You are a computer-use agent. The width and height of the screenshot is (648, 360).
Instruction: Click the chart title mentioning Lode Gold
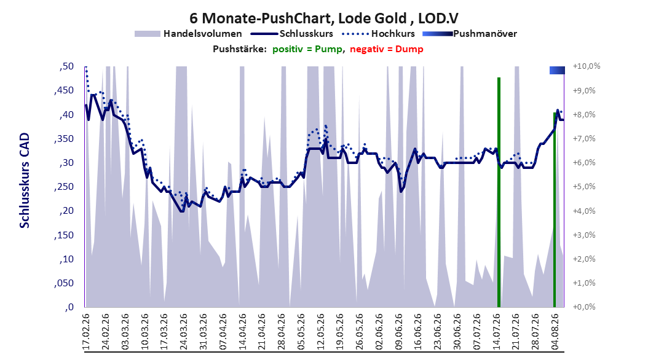pos(324,18)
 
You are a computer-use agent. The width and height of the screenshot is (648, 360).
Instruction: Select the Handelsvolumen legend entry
pos(189,34)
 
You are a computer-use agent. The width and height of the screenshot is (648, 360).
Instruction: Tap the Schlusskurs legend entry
pos(292,34)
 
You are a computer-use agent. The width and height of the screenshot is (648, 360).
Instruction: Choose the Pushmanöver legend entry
pos(470,34)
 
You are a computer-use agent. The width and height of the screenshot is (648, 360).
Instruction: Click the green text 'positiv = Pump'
pos(307,49)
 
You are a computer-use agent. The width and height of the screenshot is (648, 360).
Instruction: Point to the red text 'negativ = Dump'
pos(387,49)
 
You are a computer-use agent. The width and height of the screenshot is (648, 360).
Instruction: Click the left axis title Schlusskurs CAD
pos(25,181)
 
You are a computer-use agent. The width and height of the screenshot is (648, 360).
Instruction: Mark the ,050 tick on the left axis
pos(64,283)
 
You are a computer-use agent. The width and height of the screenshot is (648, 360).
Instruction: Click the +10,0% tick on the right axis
pos(587,66)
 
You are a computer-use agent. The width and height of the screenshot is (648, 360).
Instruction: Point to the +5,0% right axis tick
pos(584,187)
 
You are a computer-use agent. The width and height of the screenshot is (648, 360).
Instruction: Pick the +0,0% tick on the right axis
pos(584,307)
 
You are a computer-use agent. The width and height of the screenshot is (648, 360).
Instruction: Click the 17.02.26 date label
pos(86,332)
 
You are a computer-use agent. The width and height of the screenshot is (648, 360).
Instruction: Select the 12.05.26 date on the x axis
pos(320,332)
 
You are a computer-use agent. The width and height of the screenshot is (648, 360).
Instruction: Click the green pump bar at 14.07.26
pos(499,192)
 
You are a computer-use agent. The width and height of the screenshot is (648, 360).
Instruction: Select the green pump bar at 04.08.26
pos(555,209)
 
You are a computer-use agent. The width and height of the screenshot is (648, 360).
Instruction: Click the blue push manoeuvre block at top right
pos(557,70)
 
